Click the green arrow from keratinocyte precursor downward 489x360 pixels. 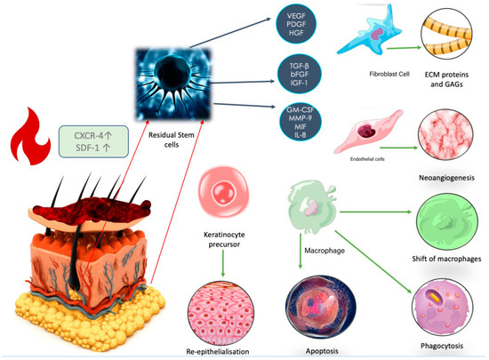point(221,256)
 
